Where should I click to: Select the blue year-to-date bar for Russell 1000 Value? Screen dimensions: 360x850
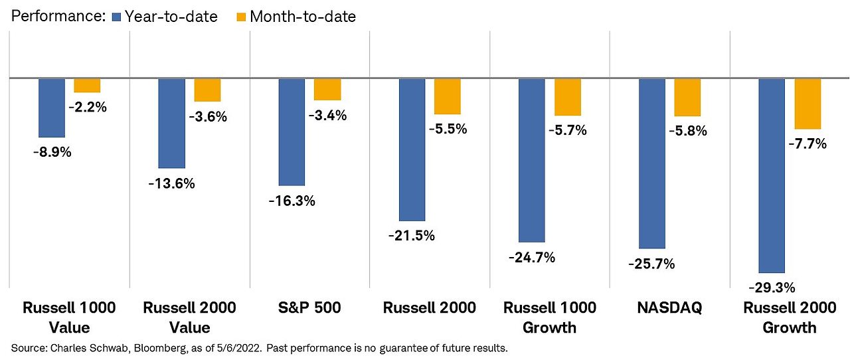52,108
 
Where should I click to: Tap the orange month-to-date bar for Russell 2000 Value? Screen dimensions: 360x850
207,90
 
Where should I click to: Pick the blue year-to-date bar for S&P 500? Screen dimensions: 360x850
292,132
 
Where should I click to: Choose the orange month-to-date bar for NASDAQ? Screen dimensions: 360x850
687,97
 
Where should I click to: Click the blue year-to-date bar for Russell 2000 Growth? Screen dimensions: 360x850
772,175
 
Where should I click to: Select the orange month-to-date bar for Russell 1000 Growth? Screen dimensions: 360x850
568,97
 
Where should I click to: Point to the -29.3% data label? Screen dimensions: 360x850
772,288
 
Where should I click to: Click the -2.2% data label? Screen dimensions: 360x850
88,106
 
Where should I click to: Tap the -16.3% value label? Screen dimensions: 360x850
292,201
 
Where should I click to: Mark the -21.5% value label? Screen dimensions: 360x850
412,236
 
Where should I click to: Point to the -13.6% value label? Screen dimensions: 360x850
172,183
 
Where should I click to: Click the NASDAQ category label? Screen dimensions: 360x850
669,308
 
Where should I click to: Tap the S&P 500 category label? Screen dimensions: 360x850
310,308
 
